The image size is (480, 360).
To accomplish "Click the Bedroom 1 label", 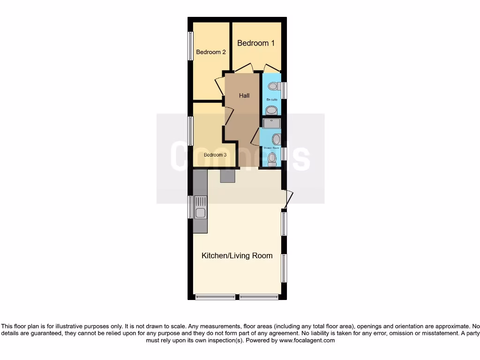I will (x=255, y=43).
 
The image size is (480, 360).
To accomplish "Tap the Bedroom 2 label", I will (x=211, y=52).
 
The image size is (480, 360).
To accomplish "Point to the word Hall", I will (x=244, y=96).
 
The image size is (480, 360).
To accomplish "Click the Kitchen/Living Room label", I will (x=237, y=256).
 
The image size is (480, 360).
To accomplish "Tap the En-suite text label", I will (x=271, y=100).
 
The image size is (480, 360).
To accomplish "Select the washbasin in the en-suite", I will (x=271, y=111).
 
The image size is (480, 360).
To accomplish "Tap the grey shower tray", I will (x=271, y=123).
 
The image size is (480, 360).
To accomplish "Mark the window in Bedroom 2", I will (x=190, y=46).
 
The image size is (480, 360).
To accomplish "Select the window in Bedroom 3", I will (x=190, y=131).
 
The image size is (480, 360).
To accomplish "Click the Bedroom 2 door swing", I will (x=219, y=87).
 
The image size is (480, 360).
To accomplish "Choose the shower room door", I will (x=255, y=137).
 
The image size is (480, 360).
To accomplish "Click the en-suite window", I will (x=284, y=90).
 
